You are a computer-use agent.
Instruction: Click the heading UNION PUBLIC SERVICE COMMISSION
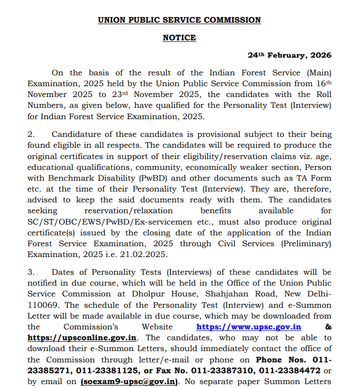point(180,20)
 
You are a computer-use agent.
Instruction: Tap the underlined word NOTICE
point(180,38)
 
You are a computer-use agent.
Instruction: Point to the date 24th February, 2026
point(289,56)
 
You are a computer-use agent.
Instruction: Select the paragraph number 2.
point(30,134)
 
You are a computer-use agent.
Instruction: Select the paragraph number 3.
point(30,272)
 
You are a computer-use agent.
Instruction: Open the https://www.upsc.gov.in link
point(249,327)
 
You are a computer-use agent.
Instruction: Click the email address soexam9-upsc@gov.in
point(129,381)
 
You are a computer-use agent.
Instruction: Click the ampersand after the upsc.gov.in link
point(329,327)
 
